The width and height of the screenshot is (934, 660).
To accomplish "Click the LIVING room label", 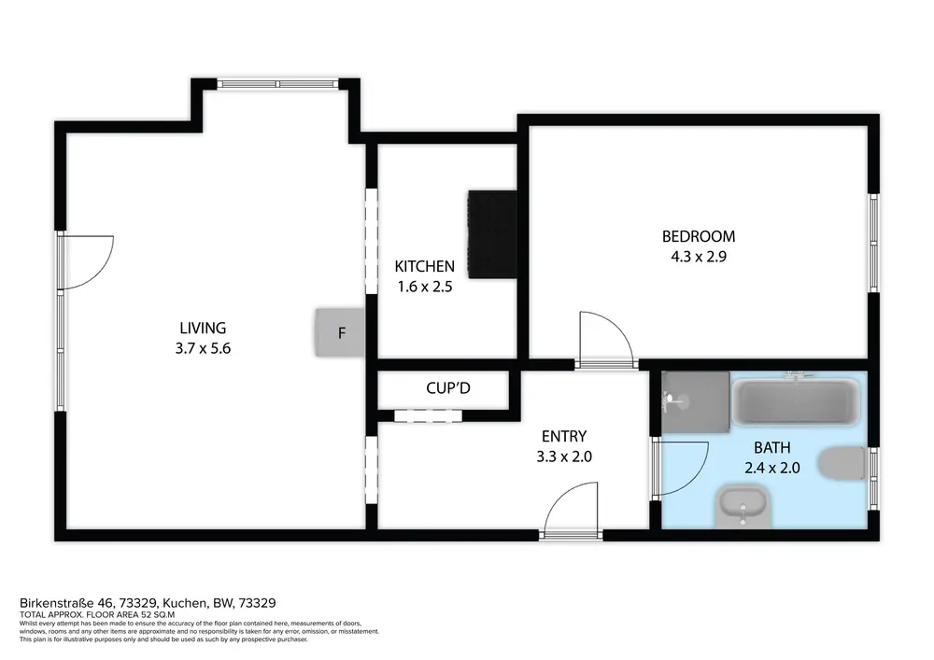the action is tap(203, 328).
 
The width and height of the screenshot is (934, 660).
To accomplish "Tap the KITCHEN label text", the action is tap(425, 266).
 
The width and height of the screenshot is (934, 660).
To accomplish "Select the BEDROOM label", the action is tap(699, 236).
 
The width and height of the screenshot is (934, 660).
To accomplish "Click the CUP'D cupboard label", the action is tap(448, 388).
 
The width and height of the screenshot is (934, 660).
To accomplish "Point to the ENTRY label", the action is tap(564, 436).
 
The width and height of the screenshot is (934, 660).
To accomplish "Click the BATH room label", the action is tap(772, 447).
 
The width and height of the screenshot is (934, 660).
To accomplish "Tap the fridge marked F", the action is tap(340, 332).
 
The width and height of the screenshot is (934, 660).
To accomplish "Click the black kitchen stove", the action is tap(492, 234).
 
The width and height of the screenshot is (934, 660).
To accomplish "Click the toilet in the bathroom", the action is tap(842, 464).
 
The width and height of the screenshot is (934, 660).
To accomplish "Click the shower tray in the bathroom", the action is tap(696, 402).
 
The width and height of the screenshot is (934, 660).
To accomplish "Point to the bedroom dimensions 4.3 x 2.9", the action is tap(699, 257).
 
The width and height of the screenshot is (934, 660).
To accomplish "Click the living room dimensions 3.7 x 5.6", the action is tap(203, 348).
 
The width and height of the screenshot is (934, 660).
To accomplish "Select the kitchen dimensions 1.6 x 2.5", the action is tap(425, 287).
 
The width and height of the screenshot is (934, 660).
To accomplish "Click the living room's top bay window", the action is tap(278, 84).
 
